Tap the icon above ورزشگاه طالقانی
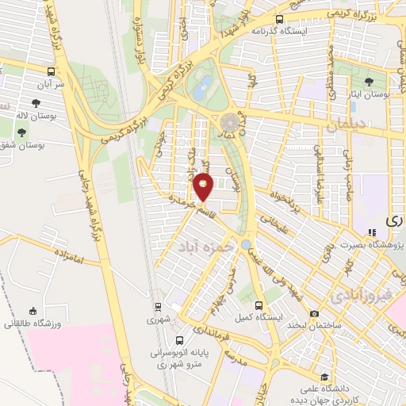tap(32, 311)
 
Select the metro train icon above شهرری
tap(157, 307)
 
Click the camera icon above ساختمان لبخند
tap(315, 313)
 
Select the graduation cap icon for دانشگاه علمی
tap(323, 377)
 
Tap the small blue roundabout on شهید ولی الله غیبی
tap(246, 244)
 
